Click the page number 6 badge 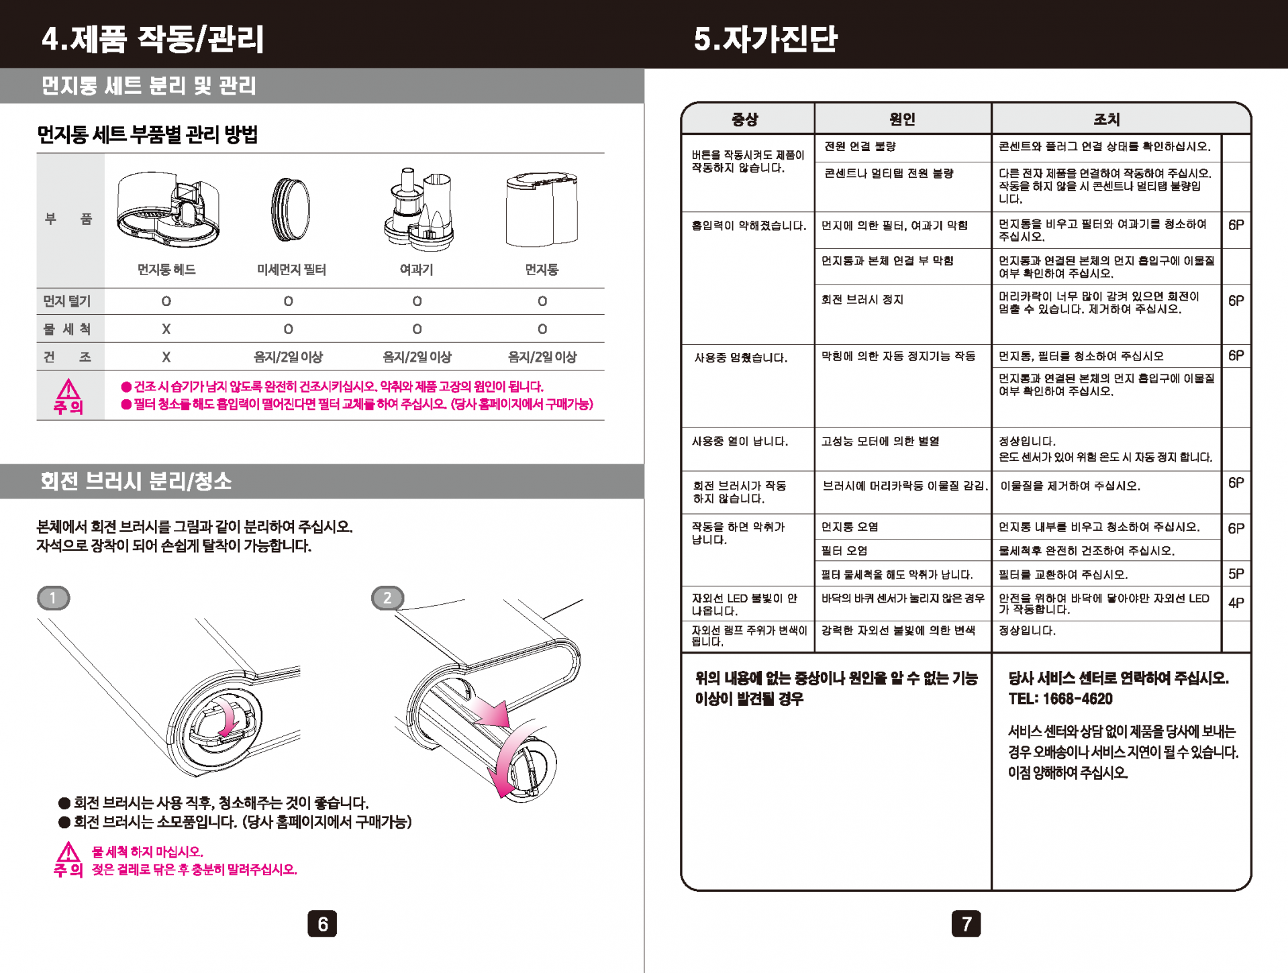[x=322, y=924]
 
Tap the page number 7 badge [x=966, y=924]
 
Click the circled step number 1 [x=54, y=598]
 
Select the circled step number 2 [x=387, y=598]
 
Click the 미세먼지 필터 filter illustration [x=290, y=209]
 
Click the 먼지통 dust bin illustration [x=542, y=209]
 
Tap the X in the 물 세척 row [x=166, y=329]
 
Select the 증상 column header [x=745, y=119]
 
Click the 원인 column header [x=902, y=119]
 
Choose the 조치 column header [x=1106, y=119]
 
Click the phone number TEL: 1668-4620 [x=1060, y=699]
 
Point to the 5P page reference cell [x=1236, y=574]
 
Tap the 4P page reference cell [x=1236, y=603]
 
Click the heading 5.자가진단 [x=766, y=38]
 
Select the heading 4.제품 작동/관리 [x=153, y=38]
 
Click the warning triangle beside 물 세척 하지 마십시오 [x=68, y=853]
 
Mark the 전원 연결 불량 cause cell [x=860, y=146]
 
